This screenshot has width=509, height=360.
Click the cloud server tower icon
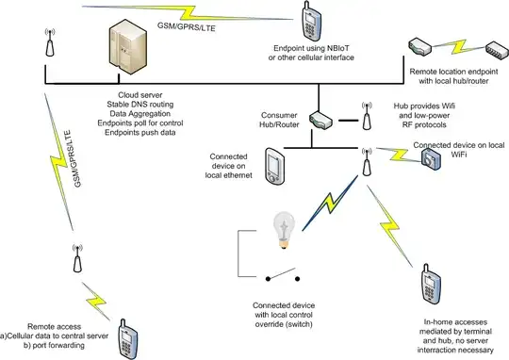[x=128, y=47]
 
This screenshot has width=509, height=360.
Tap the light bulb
[x=284, y=230]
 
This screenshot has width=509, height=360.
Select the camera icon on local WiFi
[x=431, y=158]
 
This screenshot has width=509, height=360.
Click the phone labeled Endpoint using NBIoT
[x=311, y=21]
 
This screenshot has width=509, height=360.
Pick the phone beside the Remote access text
[x=127, y=339]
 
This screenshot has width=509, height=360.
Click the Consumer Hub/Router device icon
[x=320, y=121]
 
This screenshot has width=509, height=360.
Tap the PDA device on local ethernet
[x=275, y=166]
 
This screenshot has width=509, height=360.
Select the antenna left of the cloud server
[x=50, y=42]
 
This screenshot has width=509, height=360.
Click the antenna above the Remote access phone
[x=77, y=258]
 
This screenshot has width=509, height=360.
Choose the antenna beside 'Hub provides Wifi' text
[x=367, y=116]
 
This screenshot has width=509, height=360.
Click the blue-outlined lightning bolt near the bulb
[x=330, y=204]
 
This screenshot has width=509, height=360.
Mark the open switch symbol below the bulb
[x=283, y=275]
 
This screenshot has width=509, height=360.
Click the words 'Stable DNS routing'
[x=140, y=105]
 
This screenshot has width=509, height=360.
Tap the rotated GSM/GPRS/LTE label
[x=73, y=158]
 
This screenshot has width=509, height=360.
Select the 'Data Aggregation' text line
[x=140, y=114]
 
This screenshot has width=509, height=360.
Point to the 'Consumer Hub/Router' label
[x=279, y=120]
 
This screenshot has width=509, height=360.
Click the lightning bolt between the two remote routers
[x=458, y=47]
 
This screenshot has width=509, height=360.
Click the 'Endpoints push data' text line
[x=140, y=133]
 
